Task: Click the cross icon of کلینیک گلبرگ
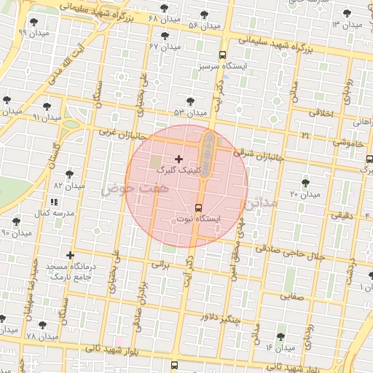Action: (178, 158)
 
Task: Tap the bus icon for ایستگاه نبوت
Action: (200, 207)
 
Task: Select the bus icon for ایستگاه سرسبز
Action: (222, 55)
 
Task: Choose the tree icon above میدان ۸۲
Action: (69, 174)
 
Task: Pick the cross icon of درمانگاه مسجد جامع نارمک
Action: (70, 255)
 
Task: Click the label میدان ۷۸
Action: (41, 336)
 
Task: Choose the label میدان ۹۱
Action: (47, 117)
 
